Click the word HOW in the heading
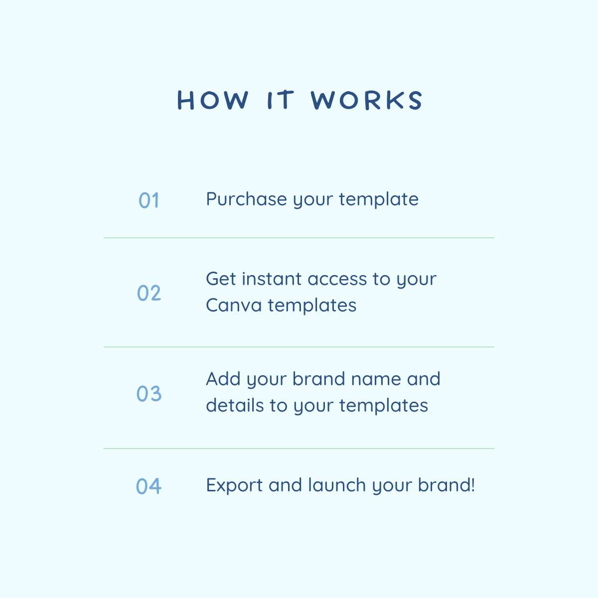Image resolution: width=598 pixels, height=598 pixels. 213,100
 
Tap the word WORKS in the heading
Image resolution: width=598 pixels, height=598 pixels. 366,100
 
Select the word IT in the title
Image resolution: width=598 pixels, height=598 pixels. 281,100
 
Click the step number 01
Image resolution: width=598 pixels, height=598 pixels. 149,200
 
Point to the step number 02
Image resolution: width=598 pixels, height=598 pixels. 149,293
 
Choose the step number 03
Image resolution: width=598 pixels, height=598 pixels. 149,394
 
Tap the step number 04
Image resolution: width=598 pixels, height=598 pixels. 149,486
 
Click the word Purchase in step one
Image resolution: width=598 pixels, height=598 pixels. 246,199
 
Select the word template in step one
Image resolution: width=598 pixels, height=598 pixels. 379,199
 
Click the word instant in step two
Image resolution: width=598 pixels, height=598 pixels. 272,279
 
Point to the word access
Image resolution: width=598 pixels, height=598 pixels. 337,279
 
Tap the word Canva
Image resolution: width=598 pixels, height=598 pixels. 234,305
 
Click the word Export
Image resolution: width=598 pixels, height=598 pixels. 234,485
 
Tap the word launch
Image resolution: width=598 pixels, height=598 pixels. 337,485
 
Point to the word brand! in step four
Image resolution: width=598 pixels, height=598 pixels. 446,485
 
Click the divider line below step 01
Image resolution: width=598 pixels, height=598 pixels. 299,238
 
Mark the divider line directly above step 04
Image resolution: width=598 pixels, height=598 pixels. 299,448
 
